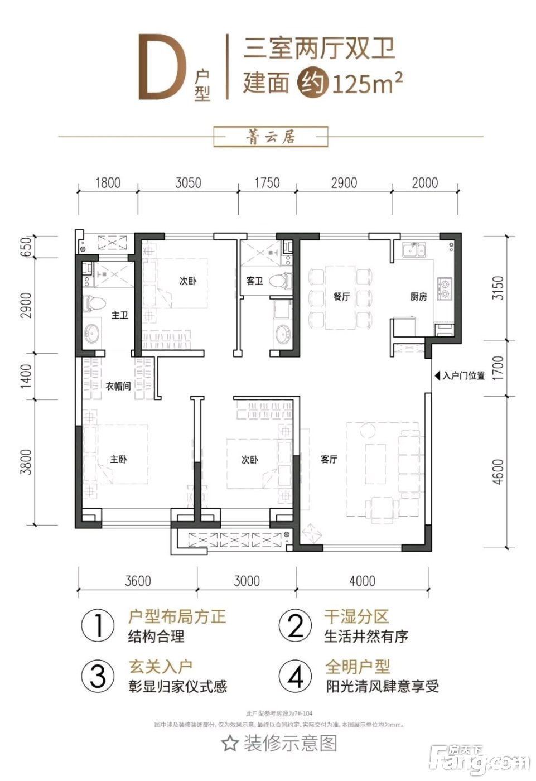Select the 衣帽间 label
point(118,386)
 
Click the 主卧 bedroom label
point(118,460)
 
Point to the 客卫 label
point(254,281)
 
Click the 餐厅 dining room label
point(341,297)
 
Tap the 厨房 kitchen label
point(418,297)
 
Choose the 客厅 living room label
point(330,460)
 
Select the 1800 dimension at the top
point(108,182)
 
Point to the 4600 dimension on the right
point(498,472)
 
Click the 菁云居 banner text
point(272,137)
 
